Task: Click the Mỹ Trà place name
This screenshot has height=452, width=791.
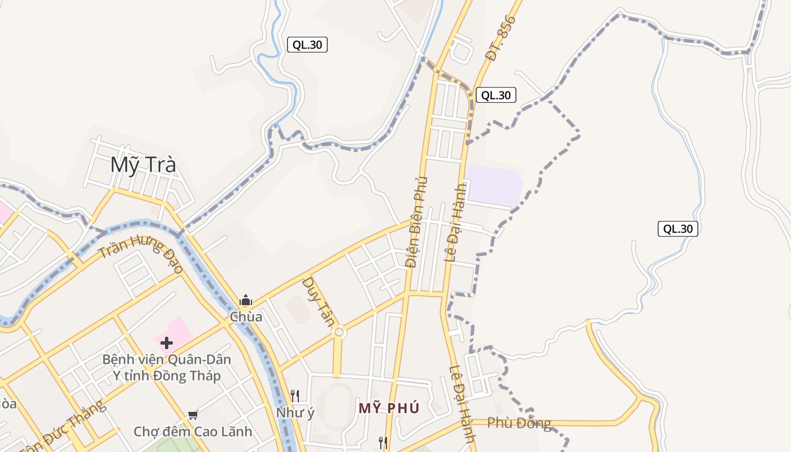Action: [x=143, y=165]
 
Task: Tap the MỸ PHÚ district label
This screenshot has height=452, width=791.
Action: [x=389, y=408]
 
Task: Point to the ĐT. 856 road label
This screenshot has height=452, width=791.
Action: [x=501, y=38]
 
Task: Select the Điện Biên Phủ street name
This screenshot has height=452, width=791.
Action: [x=417, y=222]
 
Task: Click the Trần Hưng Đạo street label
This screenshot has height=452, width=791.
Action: [x=141, y=255]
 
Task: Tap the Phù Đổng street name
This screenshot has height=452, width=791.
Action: [x=519, y=423]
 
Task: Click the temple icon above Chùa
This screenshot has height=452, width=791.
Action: [x=246, y=300]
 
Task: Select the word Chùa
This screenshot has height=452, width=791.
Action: [x=246, y=317]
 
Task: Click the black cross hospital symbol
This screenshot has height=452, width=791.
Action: [x=167, y=342]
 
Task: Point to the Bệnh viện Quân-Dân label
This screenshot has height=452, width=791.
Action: [x=167, y=359]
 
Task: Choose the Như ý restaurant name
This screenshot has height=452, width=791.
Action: [x=295, y=413]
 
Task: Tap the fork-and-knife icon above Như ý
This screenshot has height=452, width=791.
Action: [x=295, y=395]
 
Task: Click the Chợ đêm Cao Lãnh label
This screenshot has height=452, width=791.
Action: [x=193, y=432]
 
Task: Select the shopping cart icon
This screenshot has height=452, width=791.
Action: [x=193, y=415]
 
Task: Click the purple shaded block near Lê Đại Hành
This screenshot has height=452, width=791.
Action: [x=493, y=185]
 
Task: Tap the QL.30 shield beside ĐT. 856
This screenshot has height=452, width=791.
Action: [x=496, y=95]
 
